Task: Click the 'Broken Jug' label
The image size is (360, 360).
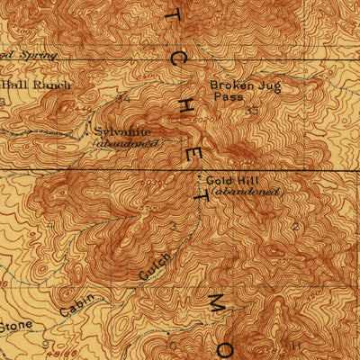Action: [236, 86]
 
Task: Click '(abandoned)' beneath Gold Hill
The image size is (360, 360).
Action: [247, 192]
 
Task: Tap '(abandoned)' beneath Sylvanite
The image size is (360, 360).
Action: [127, 142]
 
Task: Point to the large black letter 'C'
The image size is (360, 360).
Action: [177, 58]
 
